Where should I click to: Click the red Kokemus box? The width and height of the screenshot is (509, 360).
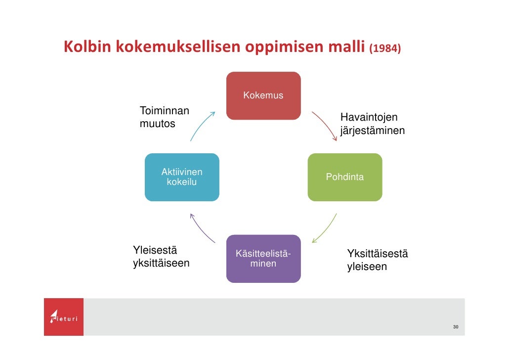[x=263, y=96]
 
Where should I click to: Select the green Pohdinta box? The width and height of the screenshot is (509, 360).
[x=344, y=177]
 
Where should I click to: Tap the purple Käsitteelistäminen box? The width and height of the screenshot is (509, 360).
[x=263, y=259]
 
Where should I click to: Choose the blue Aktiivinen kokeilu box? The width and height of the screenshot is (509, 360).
[x=182, y=177]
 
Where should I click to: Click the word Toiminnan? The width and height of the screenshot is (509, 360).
[x=165, y=110]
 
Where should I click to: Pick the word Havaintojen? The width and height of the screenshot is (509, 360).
[x=369, y=117]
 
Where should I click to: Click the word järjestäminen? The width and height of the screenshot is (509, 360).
[x=372, y=131]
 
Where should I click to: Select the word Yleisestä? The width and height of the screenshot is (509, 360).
[x=155, y=249]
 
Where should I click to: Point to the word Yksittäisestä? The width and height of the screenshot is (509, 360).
[x=378, y=254]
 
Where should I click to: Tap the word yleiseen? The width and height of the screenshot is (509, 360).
[x=367, y=267]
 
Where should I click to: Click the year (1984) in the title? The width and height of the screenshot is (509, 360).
[x=385, y=49]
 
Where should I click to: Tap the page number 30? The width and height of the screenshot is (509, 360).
[x=455, y=327]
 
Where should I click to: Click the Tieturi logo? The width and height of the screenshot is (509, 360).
[x=64, y=316]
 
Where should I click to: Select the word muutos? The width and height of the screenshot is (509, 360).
[x=157, y=124]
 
